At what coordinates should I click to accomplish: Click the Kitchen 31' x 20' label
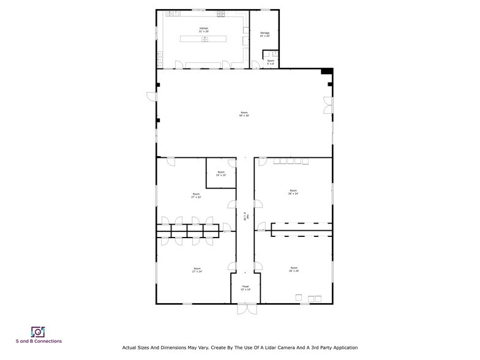point(204,30)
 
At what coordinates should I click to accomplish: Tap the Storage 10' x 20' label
point(264,34)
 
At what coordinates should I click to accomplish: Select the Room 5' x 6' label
point(271,61)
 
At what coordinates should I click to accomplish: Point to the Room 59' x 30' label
point(244,114)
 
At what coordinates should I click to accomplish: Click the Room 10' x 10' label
point(221,173)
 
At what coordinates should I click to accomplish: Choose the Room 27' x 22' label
point(197,196)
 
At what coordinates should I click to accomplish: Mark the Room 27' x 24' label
point(197,269)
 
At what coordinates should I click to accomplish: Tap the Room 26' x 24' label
point(293,192)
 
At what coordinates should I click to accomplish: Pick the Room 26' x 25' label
point(294,269)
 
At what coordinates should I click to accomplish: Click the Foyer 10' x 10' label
point(245,288)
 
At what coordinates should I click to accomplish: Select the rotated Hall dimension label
point(245,217)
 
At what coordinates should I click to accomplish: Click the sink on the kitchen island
point(205,39)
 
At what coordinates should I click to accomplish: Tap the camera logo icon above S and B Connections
point(38,331)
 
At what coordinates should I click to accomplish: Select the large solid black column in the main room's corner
point(328,72)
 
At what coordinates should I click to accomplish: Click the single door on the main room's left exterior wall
point(151,96)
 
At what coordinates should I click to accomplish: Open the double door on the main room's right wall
point(329,105)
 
